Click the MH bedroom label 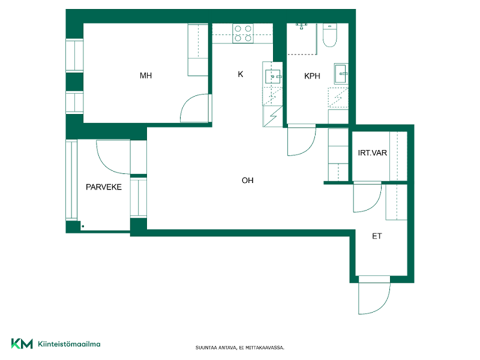146,76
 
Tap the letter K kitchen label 241,74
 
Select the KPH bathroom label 312,76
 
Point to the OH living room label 247,181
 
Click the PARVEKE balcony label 103,187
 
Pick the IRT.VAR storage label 372,153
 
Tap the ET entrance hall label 377,236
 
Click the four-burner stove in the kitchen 243,34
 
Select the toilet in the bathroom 329,35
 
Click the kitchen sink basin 272,77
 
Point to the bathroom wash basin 341,73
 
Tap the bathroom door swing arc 308,147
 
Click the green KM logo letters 22,343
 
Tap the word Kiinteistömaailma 69,344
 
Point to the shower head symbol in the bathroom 302,26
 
